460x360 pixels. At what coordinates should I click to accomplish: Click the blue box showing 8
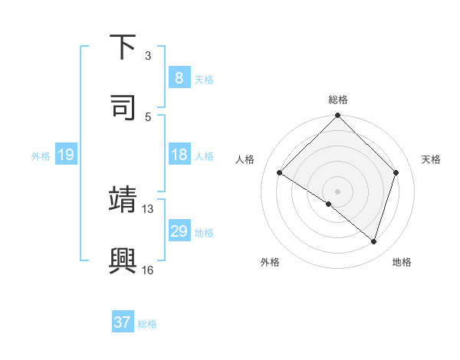pos(179,77)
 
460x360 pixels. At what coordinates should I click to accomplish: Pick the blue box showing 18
pos(179,155)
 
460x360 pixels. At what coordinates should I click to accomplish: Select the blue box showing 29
pos(179,231)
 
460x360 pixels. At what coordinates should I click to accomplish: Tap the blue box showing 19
pos(65,155)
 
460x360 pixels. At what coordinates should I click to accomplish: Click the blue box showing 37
pos(122,322)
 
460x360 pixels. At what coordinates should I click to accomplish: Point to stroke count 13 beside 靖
pos(147,208)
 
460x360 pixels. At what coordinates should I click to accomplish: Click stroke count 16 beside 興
pos(147,270)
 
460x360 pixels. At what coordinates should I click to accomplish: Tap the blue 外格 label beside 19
pos(41,156)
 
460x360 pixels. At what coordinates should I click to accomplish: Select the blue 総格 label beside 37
pos(147,324)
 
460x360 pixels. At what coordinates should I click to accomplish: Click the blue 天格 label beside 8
pos(204,79)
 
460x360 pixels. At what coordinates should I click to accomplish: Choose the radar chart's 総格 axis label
pos(338,100)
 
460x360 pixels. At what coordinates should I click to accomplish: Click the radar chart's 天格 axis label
pos(432,159)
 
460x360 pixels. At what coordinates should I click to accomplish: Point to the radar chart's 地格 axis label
pos(402,262)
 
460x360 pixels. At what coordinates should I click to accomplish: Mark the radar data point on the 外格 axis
pos(329,204)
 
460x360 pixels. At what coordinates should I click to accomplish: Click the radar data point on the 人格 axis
pos(280,172)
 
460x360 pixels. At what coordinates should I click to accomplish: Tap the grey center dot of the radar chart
pos(338,191)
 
